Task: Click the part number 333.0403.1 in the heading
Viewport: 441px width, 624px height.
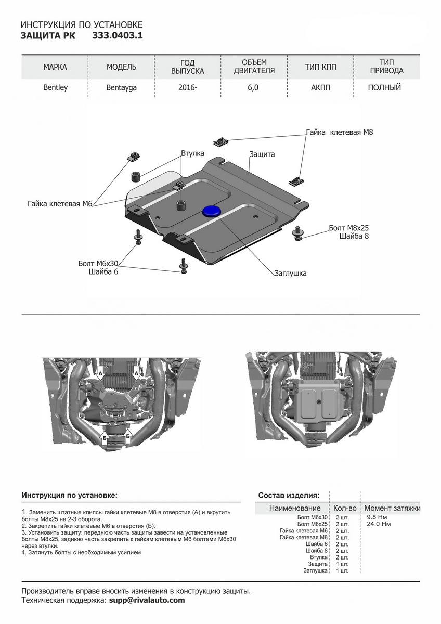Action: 117,36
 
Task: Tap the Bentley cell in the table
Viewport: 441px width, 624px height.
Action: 55,88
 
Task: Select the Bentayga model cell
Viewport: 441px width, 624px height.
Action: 121,88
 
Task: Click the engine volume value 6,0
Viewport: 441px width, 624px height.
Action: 253,88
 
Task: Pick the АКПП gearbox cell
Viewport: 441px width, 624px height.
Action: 320,88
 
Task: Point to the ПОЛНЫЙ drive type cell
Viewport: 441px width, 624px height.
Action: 384,88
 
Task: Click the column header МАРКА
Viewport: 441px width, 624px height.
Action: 55,68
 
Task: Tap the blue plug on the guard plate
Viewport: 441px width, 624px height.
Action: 211,210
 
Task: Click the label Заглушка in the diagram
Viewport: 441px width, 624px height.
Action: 291,273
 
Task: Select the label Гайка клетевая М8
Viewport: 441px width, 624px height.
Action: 340,133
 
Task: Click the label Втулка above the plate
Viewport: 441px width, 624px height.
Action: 192,154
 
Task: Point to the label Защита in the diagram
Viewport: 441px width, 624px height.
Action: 262,154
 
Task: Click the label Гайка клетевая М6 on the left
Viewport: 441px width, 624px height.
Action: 60,204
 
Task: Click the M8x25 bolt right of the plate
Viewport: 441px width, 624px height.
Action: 299,232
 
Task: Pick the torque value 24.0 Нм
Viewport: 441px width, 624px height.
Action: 379,524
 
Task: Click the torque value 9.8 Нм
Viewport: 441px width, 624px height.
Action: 377,517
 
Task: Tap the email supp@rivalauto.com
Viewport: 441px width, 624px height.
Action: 146,600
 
